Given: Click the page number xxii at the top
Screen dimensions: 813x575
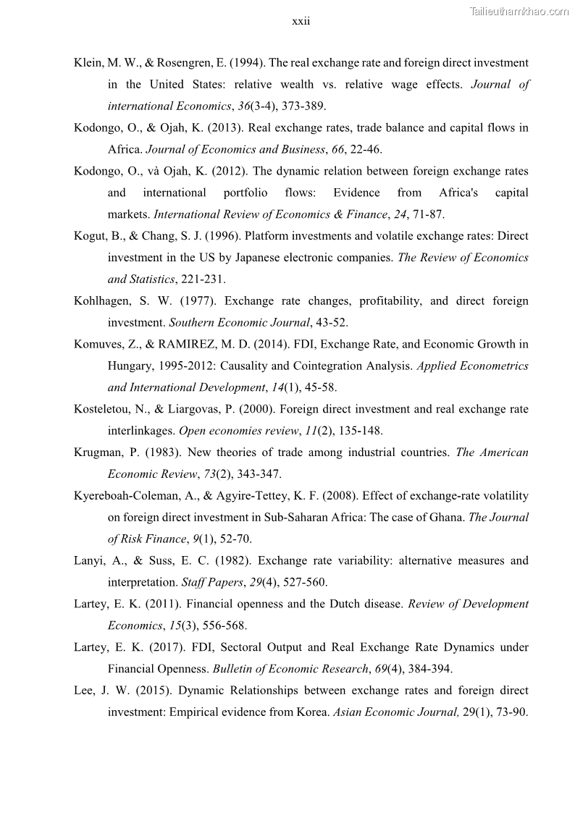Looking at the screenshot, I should point(301,22).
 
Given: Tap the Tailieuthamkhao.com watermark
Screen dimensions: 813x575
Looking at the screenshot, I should point(519,11).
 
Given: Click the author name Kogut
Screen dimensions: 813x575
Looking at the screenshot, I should point(90,236).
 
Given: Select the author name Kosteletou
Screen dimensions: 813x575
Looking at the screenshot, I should point(102,410).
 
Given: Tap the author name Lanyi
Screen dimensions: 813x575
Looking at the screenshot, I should point(88,561).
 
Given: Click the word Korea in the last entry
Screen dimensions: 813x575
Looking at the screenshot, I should point(312,712).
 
